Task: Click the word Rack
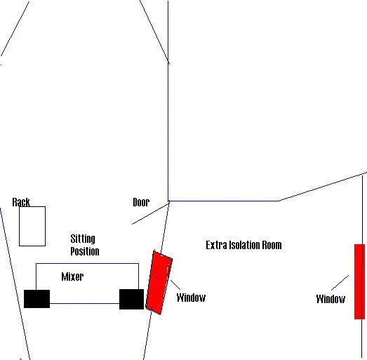[x=21, y=202]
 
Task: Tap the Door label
[x=141, y=202]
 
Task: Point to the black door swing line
[x=150, y=214]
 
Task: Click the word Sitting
[x=83, y=239]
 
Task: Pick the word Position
[x=85, y=251]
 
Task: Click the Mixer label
[x=72, y=276]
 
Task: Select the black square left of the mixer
[x=36, y=299]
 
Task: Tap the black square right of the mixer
[x=131, y=299]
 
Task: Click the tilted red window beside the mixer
[x=159, y=283]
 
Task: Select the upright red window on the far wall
[x=359, y=281]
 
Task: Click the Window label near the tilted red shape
[x=191, y=298]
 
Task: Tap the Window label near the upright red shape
[x=331, y=299]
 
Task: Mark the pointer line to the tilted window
[x=175, y=285]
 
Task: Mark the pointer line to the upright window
[x=340, y=283]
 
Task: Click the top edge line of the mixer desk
[x=87, y=264]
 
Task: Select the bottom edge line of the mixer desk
[x=84, y=304]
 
